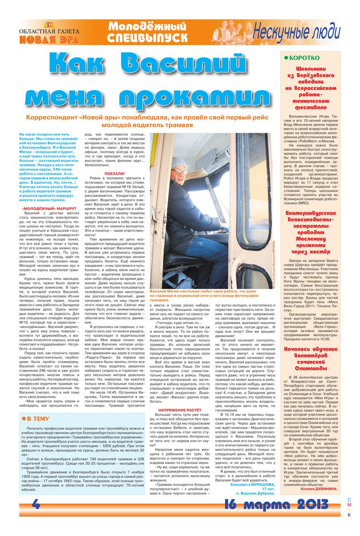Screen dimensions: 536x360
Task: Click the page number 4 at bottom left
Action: [36, 505]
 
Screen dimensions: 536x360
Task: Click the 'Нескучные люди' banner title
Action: [296, 32]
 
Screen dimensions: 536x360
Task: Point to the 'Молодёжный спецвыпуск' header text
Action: [148, 32]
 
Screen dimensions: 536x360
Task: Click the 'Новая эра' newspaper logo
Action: [49, 36]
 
